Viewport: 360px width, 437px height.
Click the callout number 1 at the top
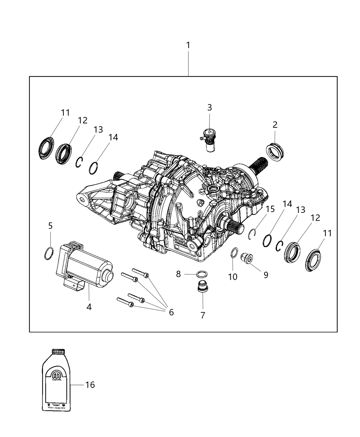point(188,45)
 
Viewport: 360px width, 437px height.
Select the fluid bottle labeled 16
point(56,380)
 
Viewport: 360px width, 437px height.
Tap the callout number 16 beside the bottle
point(90,385)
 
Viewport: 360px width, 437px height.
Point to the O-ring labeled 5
point(49,253)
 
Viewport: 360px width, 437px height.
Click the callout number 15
point(270,209)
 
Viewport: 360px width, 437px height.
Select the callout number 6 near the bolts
point(171,312)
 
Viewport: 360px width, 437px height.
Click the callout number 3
point(209,107)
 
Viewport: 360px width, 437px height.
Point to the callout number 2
point(275,124)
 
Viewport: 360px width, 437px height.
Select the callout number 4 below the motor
point(89,307)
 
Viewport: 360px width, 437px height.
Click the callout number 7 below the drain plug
point(203,315)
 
